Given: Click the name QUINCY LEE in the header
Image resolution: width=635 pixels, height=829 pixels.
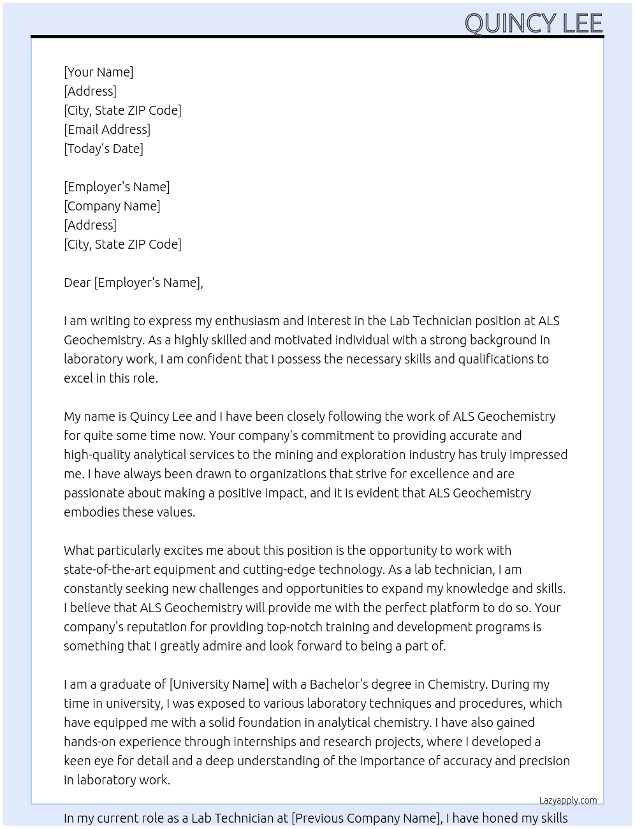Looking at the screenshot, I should point(533,24).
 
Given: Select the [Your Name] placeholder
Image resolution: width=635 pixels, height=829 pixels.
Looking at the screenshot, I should point(99,72).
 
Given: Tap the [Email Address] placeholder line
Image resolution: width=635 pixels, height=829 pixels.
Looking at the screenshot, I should point(107,129).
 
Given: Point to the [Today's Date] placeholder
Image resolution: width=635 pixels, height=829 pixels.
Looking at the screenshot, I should point(103,149).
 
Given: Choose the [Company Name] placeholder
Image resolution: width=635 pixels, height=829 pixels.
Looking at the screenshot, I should point(112,206).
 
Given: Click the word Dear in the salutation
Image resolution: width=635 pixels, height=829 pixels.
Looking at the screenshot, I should point(77,282).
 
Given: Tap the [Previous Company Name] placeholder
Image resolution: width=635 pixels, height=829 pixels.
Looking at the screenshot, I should point(365,818).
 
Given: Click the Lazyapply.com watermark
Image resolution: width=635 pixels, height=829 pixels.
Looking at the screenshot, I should point(568,800).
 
